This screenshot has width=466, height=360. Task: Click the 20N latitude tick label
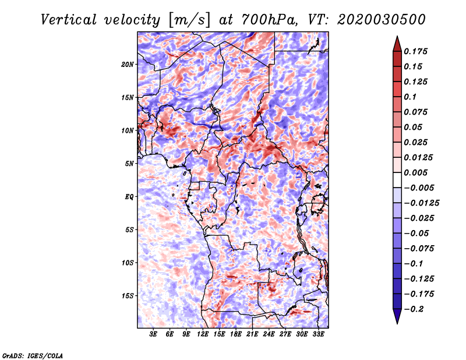point(128,65)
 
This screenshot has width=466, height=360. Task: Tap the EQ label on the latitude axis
point(129,197)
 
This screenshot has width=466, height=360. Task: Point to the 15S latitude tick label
point(128,296)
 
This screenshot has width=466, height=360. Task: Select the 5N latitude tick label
point(129,164)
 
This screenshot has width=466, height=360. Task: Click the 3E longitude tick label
point(153,334)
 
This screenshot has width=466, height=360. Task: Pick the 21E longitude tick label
point(252,334)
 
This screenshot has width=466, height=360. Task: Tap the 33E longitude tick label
point(318,334)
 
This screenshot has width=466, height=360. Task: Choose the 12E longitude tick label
point(202,334)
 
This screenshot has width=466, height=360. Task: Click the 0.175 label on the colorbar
point(415,51)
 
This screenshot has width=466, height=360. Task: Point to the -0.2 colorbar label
point(414,309)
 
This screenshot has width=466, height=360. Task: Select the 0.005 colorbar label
point(415,172)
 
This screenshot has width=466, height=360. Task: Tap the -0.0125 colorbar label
point(421,203)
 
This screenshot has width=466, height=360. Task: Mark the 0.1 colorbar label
point(410,97)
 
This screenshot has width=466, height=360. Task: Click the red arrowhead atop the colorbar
point(397,44)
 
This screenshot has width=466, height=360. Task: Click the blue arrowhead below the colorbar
point(397,316)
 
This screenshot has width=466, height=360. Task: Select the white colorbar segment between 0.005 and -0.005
point(397,180)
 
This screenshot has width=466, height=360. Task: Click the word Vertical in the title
point(69,20)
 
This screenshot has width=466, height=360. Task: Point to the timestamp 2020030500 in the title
point(382,20)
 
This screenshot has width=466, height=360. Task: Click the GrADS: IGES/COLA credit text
point(33,355)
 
